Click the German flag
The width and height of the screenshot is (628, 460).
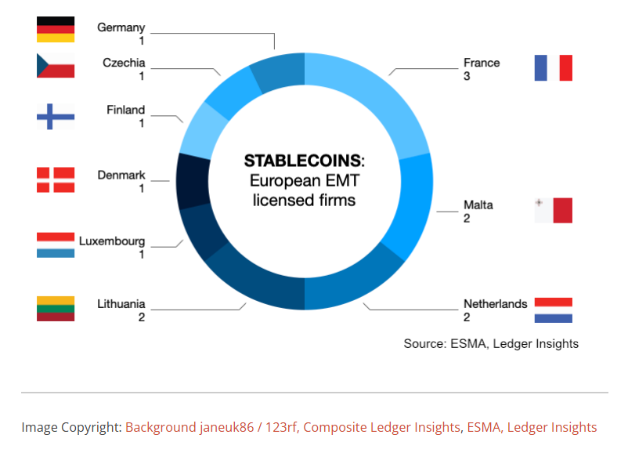pos(56,29)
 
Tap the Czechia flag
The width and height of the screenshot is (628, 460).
pos(56,65)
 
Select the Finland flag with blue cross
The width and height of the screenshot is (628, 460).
pos(56,117)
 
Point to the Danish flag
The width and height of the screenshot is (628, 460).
pos(56,180)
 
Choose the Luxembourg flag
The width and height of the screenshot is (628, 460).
pos(56,244)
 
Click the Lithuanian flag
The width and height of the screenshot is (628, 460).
pos(56,309)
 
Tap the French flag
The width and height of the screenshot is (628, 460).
pos(554,67)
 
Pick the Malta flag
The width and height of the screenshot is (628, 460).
pos(554,210)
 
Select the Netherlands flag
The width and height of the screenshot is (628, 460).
pos(554,310)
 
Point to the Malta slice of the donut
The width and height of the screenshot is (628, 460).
pos(413,205)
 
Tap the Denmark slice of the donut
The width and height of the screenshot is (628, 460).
pos(193,182)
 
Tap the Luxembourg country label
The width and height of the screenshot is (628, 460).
pos(112,241)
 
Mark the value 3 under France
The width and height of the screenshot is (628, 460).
pos(467,76)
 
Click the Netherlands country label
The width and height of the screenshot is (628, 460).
pos(496,304)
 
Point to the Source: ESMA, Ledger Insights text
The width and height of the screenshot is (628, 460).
pos(491,344)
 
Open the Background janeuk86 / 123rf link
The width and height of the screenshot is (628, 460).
pos(211,427)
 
